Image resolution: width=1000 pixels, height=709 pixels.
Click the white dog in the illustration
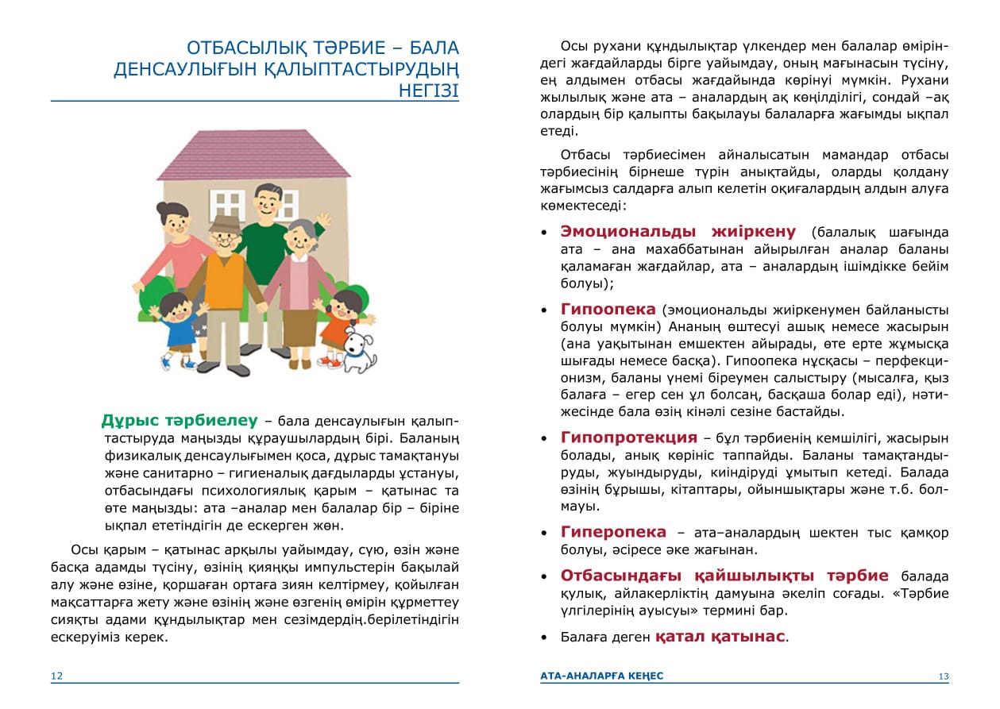coord(359,349)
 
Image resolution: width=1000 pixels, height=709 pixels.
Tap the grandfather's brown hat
coord(225,225)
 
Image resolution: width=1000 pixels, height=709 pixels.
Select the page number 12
coord(56,676)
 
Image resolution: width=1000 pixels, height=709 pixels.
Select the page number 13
coord(943,676)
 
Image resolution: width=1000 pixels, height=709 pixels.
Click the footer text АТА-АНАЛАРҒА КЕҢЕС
coord(601,676)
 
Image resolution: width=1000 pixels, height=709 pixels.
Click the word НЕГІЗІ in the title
coord(428,91)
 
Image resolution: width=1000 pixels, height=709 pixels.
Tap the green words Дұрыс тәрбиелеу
coord(180,420)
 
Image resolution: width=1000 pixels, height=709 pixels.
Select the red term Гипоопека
coord(608,309)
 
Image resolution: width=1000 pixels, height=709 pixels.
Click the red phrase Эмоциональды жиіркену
coord(678,231)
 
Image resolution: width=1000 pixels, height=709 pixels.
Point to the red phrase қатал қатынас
coord(720,637)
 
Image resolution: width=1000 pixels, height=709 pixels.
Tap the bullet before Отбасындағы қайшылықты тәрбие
coord(544,577)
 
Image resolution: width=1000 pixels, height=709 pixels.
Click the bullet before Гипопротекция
coord(544,439)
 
